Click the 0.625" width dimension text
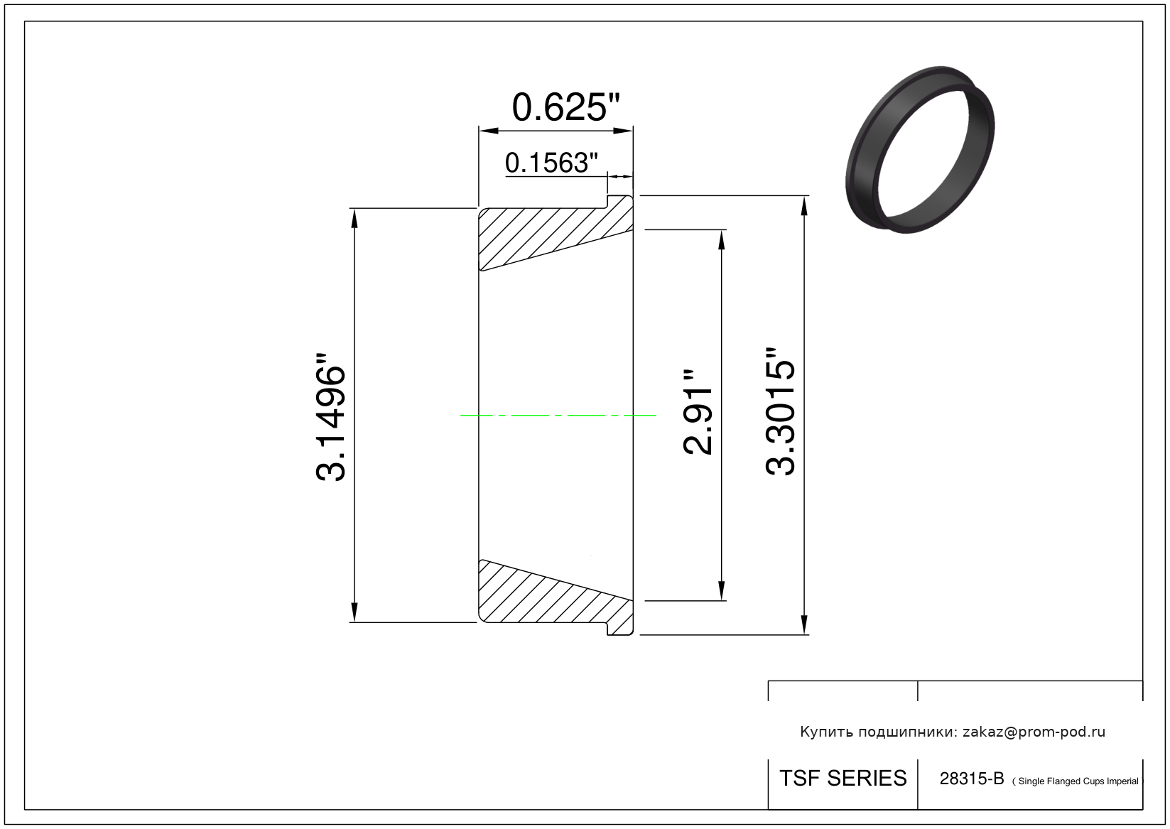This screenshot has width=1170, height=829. (x=565, y=107)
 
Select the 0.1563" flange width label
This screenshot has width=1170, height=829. (x=551, y=163)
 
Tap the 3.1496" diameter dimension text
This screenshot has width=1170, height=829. (x=330, y=417)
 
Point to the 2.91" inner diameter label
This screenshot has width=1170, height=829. (x=698, y=413)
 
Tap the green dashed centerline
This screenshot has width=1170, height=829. (x=558, y=416)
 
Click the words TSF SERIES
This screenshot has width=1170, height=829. (x=843, y=779)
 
